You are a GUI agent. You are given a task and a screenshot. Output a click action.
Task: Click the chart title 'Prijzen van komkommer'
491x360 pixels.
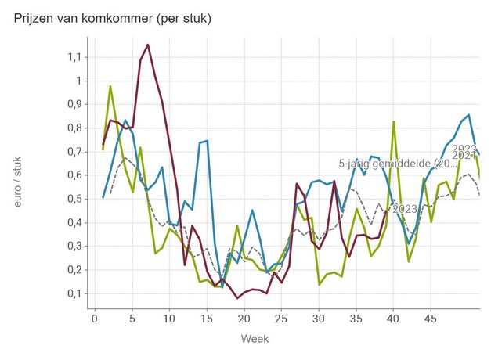tap(112, 17)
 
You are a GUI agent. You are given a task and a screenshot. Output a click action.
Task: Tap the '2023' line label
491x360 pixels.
tap(404, 209)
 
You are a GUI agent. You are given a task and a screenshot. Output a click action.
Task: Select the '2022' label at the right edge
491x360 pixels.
tap(464, 149)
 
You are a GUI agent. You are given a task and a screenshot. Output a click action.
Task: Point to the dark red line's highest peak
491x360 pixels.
tap(147, 45)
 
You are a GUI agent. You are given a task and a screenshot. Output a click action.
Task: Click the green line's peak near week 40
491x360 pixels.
tap(394, 121)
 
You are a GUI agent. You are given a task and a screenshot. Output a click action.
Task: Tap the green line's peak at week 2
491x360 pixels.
tap(110, 86)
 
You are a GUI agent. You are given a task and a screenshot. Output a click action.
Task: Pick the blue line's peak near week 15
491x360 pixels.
tap(207, 141)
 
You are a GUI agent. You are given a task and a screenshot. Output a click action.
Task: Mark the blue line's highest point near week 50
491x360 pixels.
tap(468, 115)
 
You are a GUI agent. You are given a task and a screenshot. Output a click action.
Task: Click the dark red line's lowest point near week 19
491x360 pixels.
tap(237, 298)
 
